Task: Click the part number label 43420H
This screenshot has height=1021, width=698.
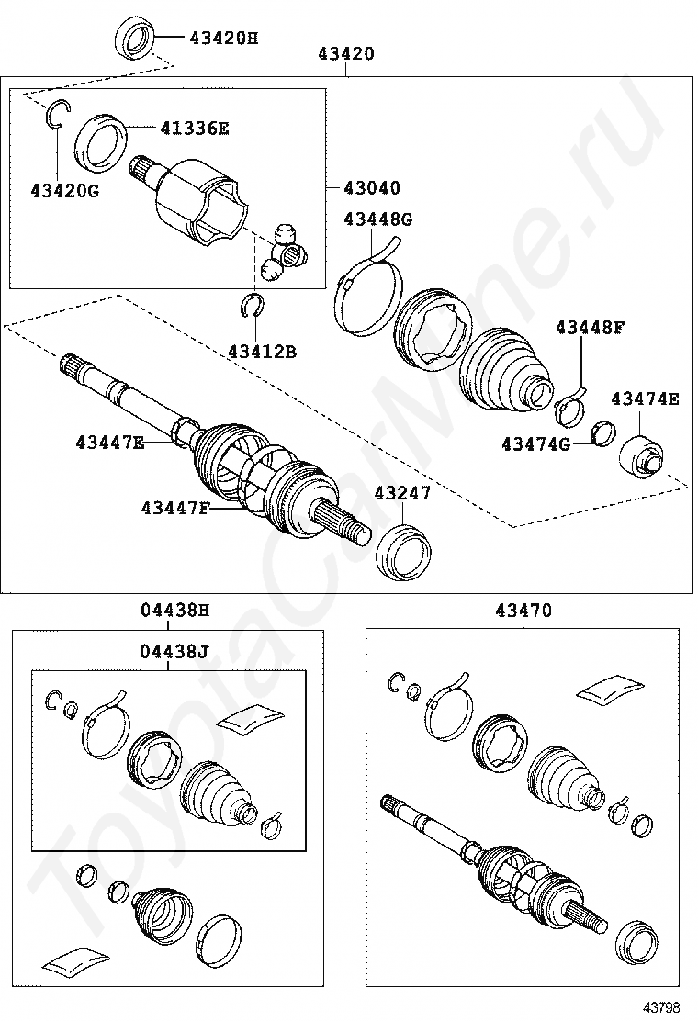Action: (x=224, y=38)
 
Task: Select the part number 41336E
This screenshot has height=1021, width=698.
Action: (x=194, y=129)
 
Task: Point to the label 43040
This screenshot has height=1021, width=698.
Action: (x=372, y=188)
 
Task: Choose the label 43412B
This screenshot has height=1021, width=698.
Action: (x=263, y=351)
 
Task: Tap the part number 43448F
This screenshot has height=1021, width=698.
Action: (x=589, y=327)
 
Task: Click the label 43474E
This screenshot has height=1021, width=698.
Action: (x=645, y=398)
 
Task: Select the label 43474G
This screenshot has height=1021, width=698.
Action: (x=535, y=444)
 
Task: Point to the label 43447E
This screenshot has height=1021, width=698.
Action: (x=110, y=443)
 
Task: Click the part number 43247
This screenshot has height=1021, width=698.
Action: (x=402, y=493)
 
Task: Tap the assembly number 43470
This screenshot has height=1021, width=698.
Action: (x=523, y=610)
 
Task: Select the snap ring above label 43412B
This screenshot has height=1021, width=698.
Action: (x=253, y=306)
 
